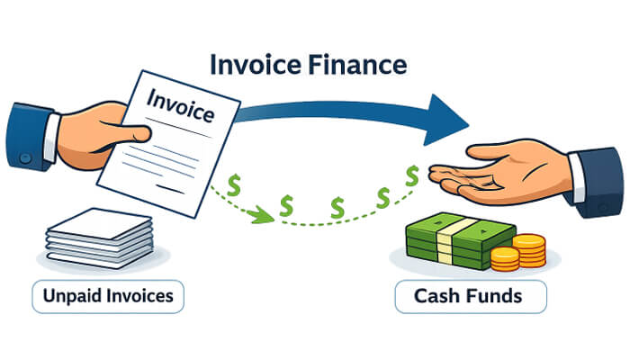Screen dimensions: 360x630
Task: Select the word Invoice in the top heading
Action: pos(255,67)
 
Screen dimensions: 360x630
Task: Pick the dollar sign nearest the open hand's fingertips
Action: pos(412,176)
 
